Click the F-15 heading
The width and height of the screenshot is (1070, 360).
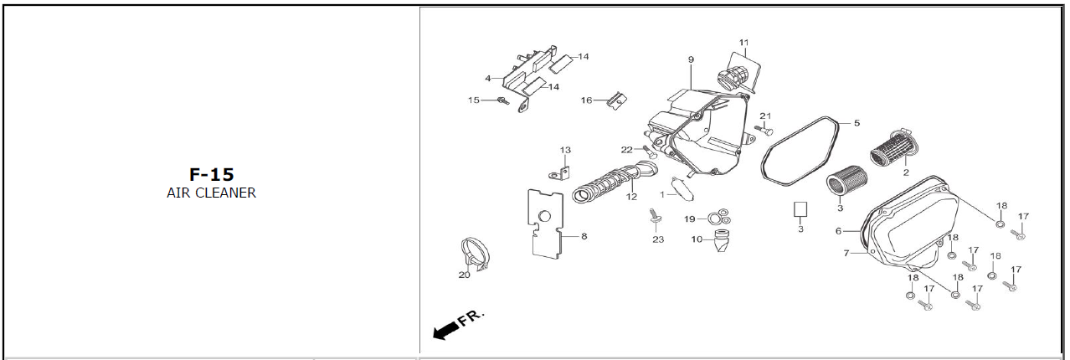[211, 174]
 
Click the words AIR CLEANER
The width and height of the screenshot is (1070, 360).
[211, 193]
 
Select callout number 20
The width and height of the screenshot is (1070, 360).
[464, 275]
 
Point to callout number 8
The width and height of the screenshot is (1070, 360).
[584, 237]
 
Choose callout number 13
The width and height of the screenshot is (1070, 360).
[565, 151]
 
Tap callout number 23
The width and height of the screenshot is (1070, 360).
[658, 239]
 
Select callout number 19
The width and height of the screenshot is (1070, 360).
[689, 219]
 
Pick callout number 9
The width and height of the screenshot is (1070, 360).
[692, 59]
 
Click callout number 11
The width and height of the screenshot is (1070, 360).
[743, 42]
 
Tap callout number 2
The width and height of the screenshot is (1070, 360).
[905, 172]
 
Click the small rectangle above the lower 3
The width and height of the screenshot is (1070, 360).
[800, 209]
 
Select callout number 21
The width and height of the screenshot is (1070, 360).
[764, 116]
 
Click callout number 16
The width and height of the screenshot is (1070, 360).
[587, 100]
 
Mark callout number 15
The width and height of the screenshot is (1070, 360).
[473, 100]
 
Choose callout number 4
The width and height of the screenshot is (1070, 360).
[487, 79]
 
